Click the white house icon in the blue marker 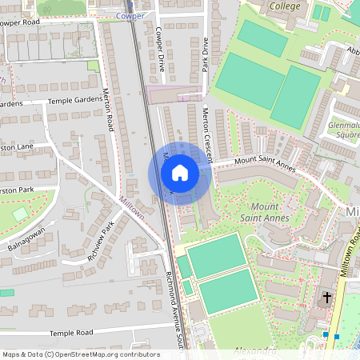pyautogui.click(x=180, y=172)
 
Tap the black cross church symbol pyautogui.click(x=326, y=298)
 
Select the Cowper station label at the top pyautogui.click(x=130, y=15)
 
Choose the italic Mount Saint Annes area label pyautogui.click(x=265, y=211)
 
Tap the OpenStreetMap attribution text pyautogui.click(x=80, y=354)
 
